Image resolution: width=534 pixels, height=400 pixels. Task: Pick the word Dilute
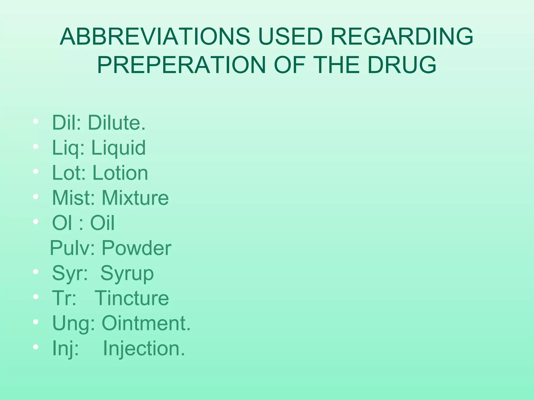point(117,122)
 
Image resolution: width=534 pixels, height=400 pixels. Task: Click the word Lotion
point(120,173)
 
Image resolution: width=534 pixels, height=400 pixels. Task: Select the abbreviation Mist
point(73,198)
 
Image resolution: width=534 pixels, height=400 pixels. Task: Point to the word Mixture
point(135,198)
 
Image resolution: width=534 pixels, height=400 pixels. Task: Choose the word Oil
point(102,223)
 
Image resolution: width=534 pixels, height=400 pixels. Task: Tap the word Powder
point(136,248)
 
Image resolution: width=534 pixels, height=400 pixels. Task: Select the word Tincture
point(132,298)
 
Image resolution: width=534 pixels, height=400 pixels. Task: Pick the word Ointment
point(146,323)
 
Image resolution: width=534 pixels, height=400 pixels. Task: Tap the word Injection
point(144,348)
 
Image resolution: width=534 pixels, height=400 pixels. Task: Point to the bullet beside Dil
point(36,121)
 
